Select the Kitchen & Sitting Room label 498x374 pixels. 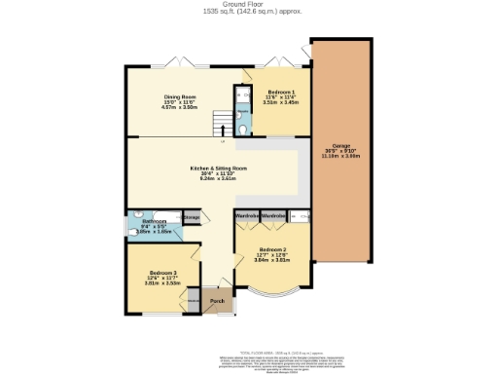tap(218, 168)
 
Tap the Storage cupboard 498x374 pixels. tap(193, 217)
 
